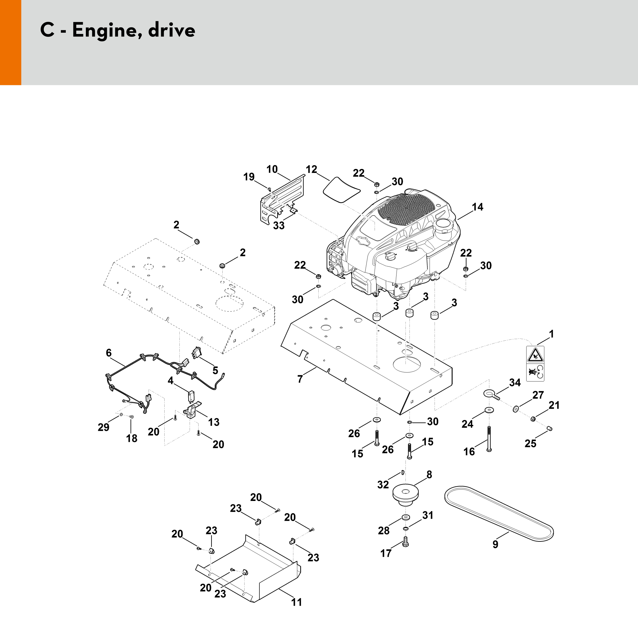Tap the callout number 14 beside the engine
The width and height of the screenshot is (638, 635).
477,207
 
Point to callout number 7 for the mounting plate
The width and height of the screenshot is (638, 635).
300,379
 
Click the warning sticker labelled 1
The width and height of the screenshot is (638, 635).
535,363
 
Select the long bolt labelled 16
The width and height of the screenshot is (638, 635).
489,439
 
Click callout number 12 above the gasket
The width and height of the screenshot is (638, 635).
311,169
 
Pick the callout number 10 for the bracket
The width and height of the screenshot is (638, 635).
272,169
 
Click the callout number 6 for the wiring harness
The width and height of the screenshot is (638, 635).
109,353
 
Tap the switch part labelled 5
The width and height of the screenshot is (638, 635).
196,353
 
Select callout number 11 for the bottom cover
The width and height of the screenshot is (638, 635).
296,602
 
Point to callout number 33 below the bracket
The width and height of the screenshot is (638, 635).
279,225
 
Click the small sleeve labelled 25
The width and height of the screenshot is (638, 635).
550,429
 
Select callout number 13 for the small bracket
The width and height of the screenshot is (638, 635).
214,422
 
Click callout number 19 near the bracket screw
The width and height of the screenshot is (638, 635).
249,177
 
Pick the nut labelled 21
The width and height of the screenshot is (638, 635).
533,419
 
